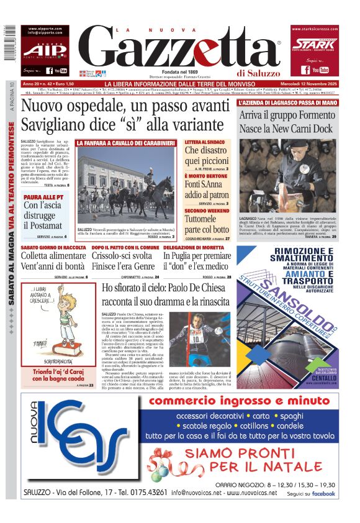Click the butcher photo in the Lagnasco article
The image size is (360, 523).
tap(296, 168)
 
